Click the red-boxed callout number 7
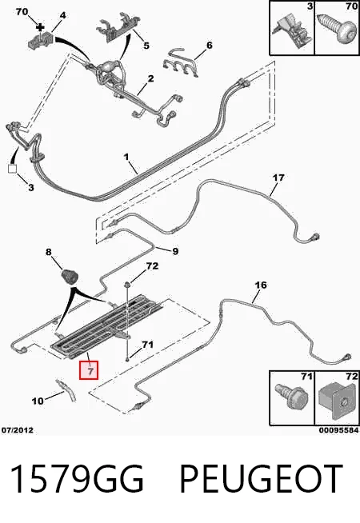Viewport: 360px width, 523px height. pyautogui.click(x=89, y=370)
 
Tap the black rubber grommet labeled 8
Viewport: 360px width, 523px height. pyautogui.click(x=70, y=276)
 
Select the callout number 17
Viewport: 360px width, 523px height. pyautogui.click(x=278, y=178)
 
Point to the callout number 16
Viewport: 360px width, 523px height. pyautogui.click(x=261, y=285)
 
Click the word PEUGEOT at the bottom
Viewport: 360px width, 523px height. pyautogui.click(x=261, y=479)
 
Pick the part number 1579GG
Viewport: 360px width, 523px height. pyautogui.click(x=77, y=479)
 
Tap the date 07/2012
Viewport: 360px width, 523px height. pyautogui.click(x=18, y=430)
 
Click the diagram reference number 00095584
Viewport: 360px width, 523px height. pyautogui.click(x=338, y=430)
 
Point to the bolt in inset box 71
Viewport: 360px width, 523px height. pyautogui.click(x=291, y=397)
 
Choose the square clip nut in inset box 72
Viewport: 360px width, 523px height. pyautogui.click(x=337, y=401)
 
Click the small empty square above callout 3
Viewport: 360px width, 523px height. pyautogui.click(x=12, y=169)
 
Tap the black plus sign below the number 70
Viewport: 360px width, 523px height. pyautogui.click(x=40, y=26)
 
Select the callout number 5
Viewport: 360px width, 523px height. pyautogui.click(x=146, y=46)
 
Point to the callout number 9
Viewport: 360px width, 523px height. pyautogui.click(x=175, y=251)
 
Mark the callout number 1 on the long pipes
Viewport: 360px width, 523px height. pyautogui.click(x=126, y=157)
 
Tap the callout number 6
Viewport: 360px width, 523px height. pyautogui.click(x=209, y=45)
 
